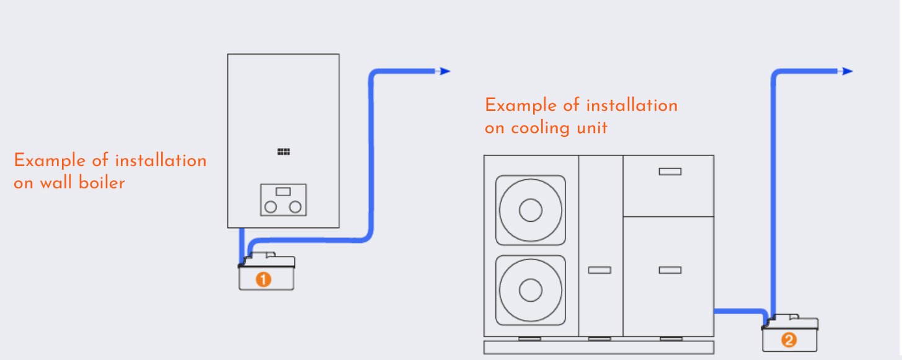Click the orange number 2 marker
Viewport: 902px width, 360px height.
click(x=788, y=340)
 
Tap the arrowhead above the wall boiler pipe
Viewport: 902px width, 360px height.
click(x=444, y=71)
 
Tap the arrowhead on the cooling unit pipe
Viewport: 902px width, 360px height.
click(x=847, y=71)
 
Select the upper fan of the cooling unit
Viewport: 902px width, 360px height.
click(x=530, y=211)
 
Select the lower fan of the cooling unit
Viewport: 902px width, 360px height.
click(x=530, y=290)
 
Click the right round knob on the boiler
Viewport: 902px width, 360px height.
click(x=296, y=206)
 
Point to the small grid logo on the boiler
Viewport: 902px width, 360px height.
click(x=283, y=152)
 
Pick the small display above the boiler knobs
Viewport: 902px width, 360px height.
click(x=283, y=192)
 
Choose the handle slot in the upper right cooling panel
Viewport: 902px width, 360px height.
click(x=670, y=172)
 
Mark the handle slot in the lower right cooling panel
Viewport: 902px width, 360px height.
click(x=670, y=270)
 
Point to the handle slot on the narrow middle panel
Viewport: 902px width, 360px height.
click(x=599, y=270)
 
